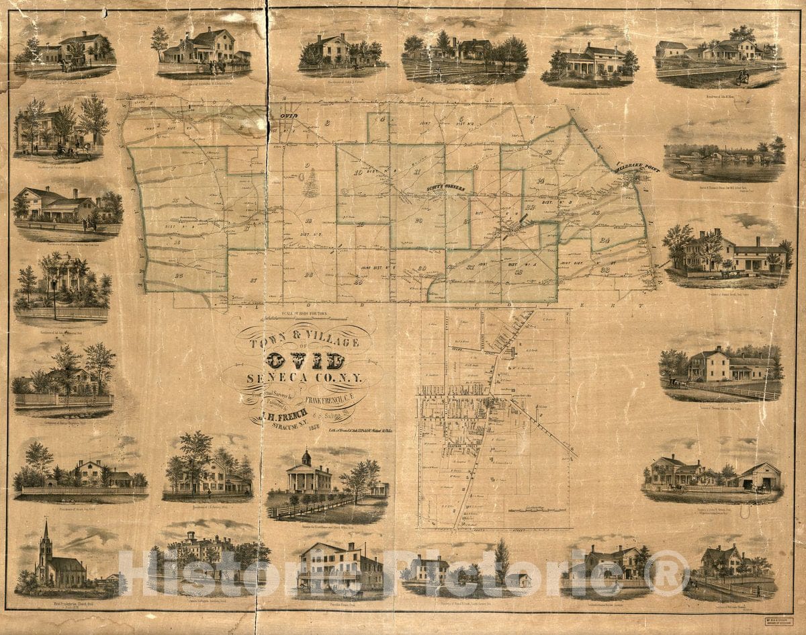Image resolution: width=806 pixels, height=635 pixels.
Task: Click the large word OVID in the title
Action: pyautogui.click(x=306, y=361)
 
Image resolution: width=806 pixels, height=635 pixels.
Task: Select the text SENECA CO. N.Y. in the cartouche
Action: pyautogui.click(x=304, y=379)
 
